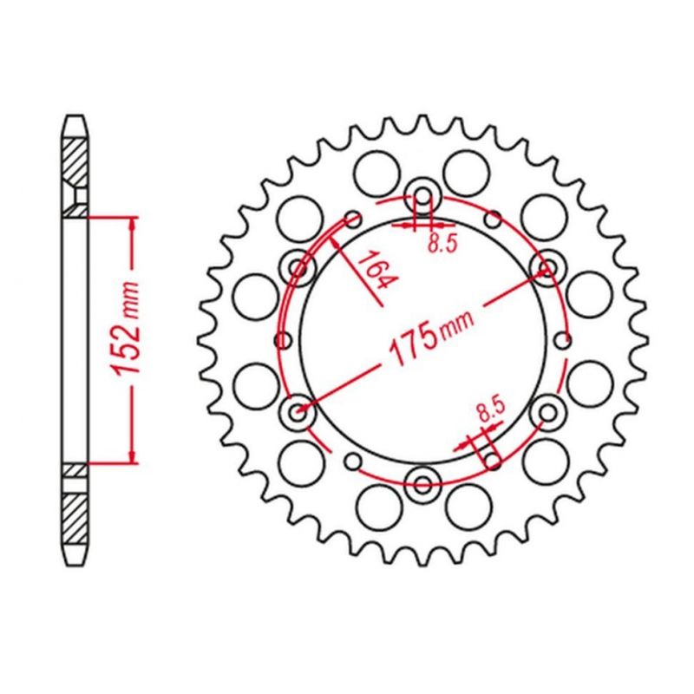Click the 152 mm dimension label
[126, 329]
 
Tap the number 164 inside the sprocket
[375, 270]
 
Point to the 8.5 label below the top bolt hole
[442, 243]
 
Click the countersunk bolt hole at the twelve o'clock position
[423, 195]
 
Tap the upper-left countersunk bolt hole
[298, 267]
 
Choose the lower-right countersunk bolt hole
[548, 413]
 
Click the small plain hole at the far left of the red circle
[284, 340]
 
